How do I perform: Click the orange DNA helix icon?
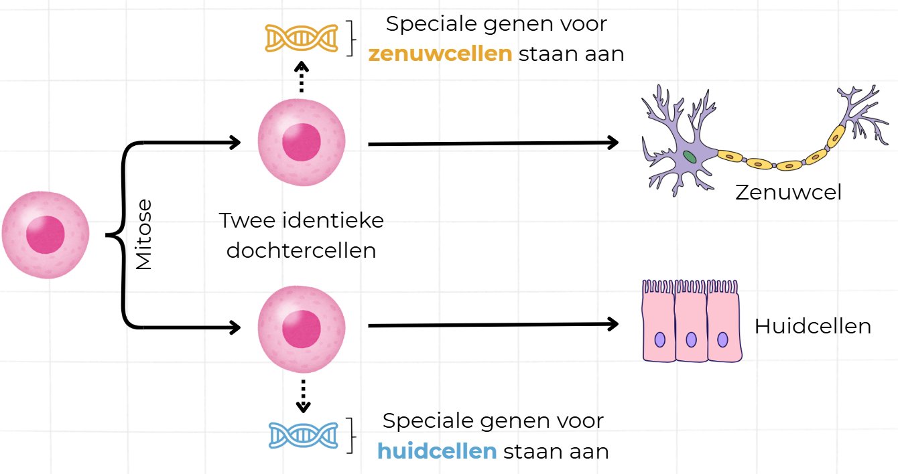(x=300, y=38)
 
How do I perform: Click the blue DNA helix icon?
(x=303, y=435)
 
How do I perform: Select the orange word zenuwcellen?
(x=440, y=54)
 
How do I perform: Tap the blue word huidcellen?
(x=436, y=451)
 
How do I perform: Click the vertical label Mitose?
(x=144, y=234)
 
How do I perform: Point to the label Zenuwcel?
(x=787, y=193)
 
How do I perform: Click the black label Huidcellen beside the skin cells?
(x=812, y=327)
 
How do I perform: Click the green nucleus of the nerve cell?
(x=690, y=157)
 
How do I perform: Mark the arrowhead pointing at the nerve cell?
(x=612, y=142)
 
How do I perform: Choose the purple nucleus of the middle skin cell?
(x=691, y=339)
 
